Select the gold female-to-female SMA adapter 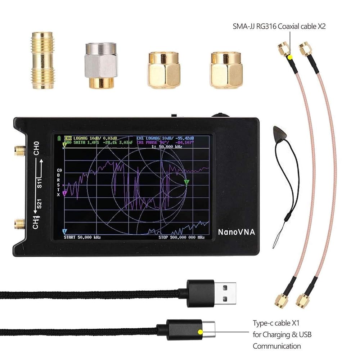click(x=42, y=60)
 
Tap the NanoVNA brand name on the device click(x=236, y=232)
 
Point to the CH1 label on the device click(x=36, y=222)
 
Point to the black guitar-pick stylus click(x=279, y=132)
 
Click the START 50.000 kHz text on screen click(x=82, y=238)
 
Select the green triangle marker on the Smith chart click(x=186, y=182)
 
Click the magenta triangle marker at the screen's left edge click(x=64, y=193)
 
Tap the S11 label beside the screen click(x=40, y=184)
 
